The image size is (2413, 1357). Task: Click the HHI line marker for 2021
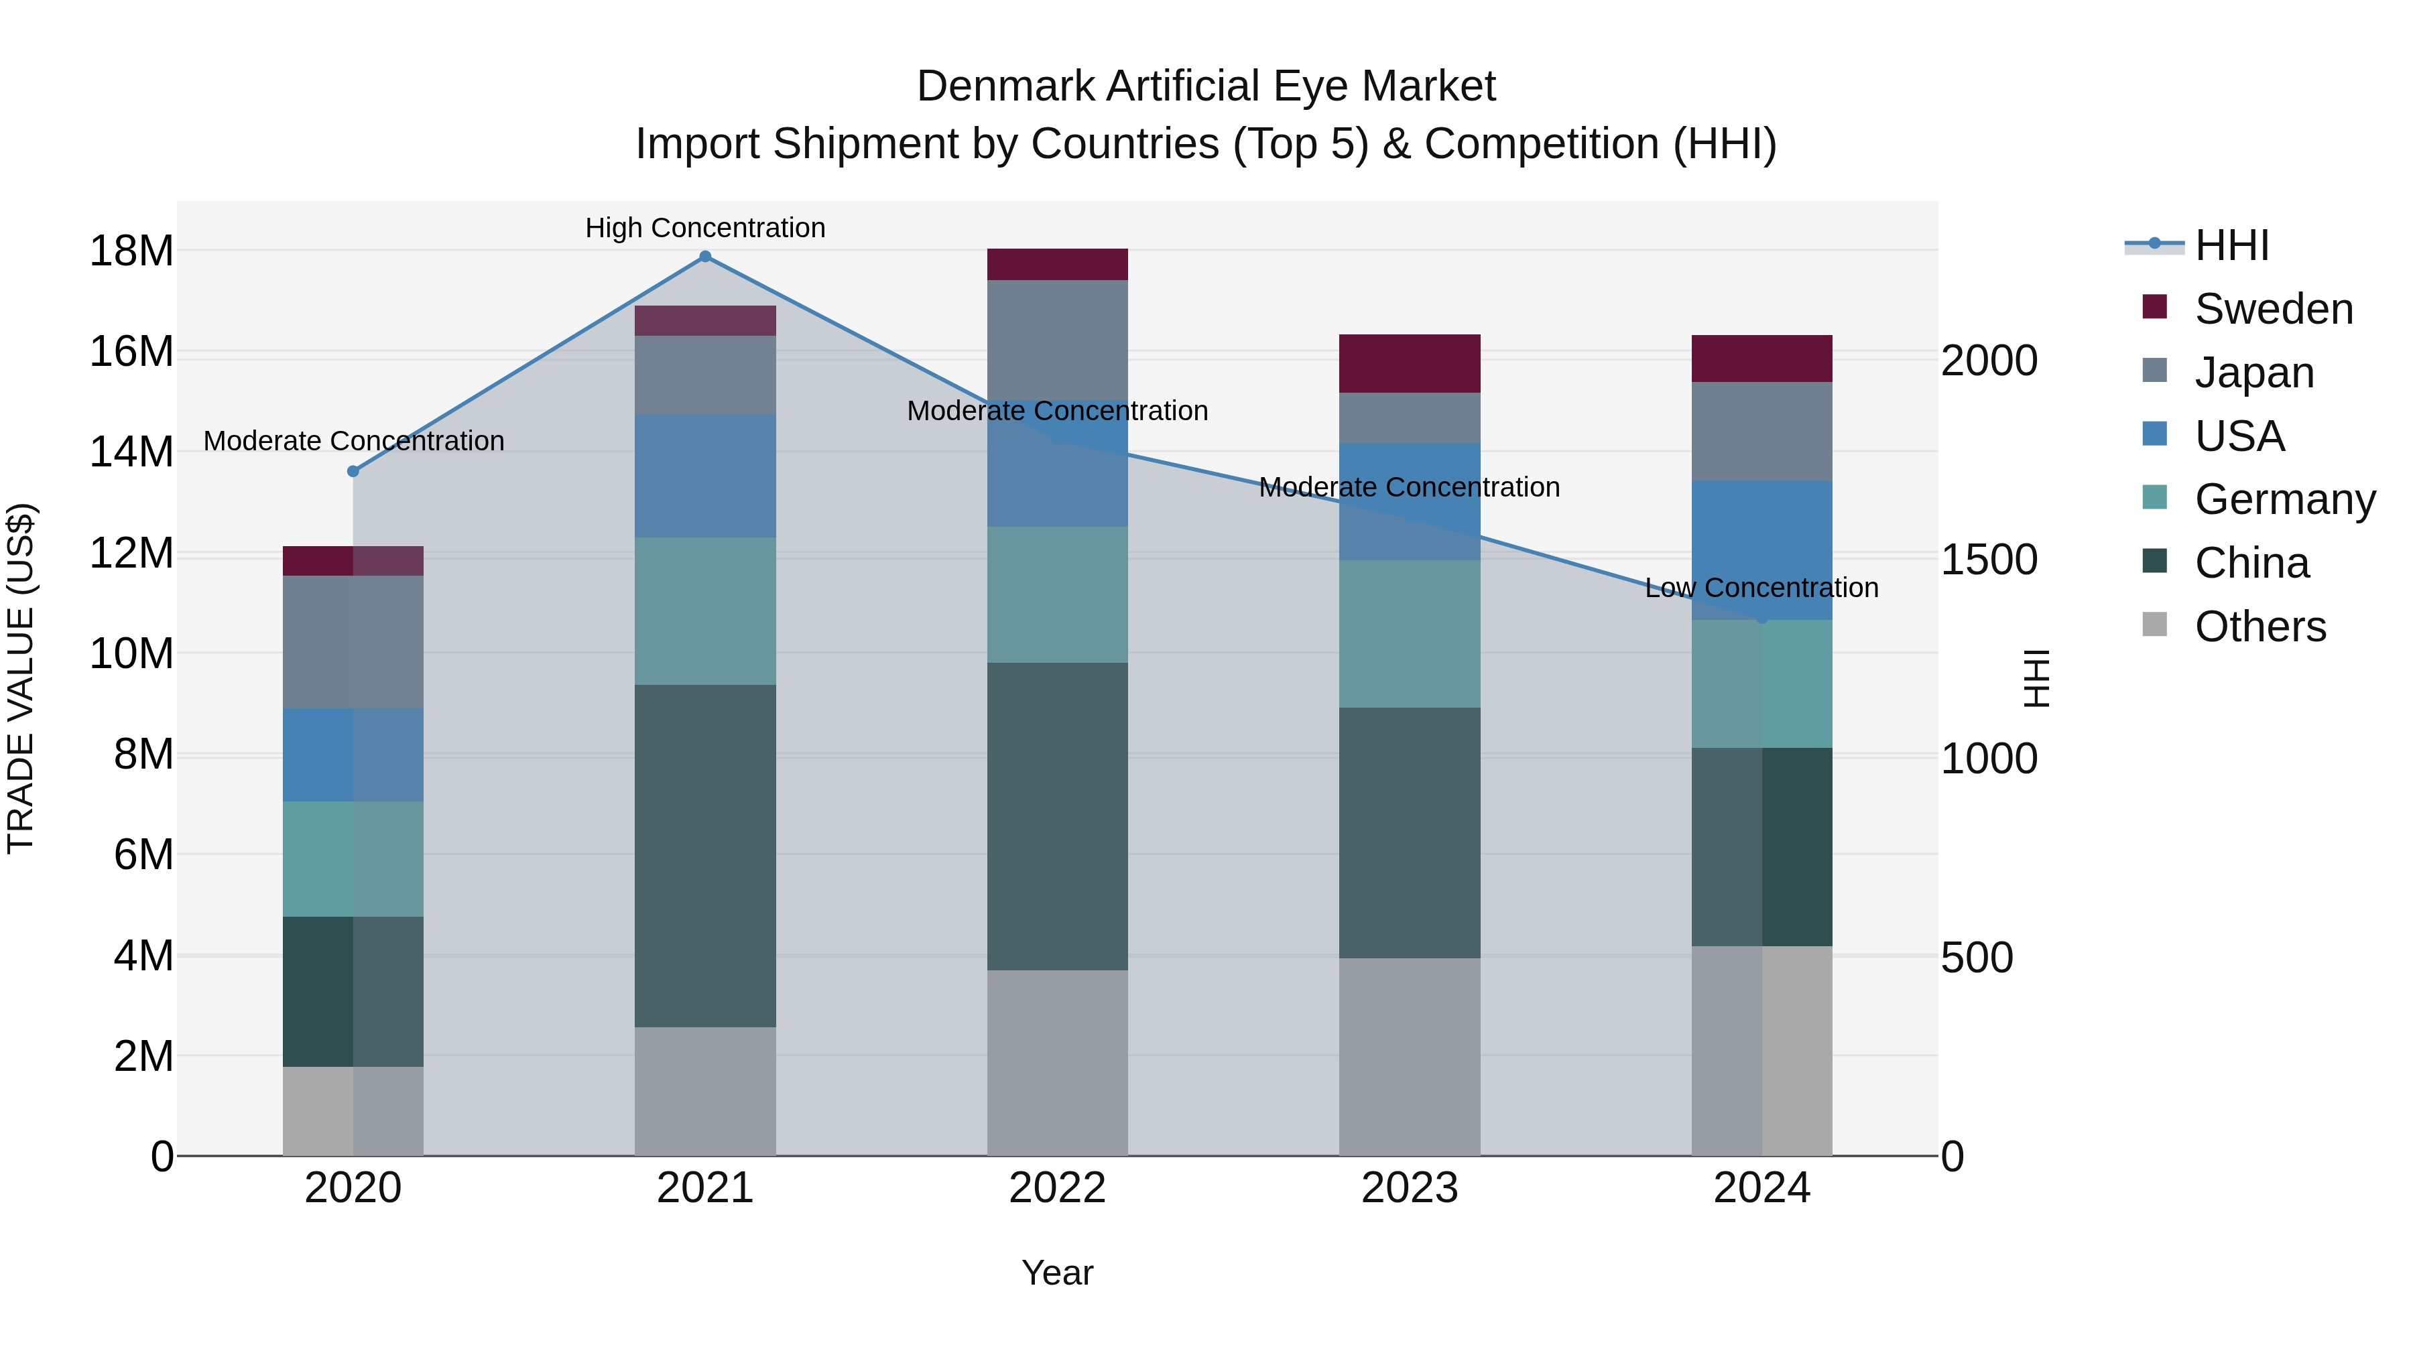click(x=705, y=257)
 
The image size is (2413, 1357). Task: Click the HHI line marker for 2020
click(x=353, y=471)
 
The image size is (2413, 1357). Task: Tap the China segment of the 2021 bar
click(x=705, y=856)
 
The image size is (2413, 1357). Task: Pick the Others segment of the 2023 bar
click(x=1409, y=1056)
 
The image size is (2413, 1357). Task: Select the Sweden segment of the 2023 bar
click(x=1409, y=363)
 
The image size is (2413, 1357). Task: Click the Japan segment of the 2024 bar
click(x=1761, y=432)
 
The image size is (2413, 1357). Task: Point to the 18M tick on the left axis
click(x=131, y=251)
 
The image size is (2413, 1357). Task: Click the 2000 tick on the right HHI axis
click(x=1989, y=361)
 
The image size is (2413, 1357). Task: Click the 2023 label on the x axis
click(x=1409, y=1188)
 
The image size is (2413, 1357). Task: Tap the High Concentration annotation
click(x=705, y=228)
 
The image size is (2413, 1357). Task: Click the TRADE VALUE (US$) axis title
click(x=21, y=678)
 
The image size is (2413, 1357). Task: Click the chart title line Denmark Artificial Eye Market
click(x=1206, y=86)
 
